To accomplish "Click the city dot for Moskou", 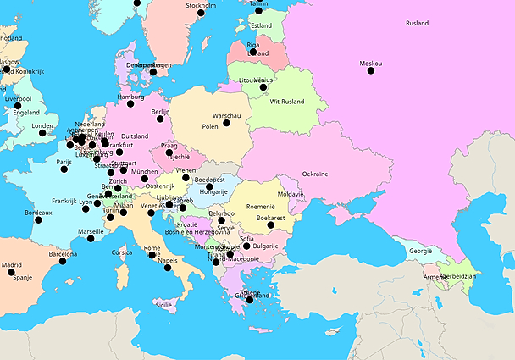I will click(370, 70).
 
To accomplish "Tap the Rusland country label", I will click(417, 24).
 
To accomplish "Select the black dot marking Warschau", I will click(226, 123).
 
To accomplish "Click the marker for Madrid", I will click(7, 273).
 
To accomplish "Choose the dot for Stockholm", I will click(201, 13).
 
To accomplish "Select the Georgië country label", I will click(421, 251).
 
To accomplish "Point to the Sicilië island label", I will click(163, 304).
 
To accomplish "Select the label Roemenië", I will click(261, 207).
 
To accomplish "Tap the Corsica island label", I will click(122, 252).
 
